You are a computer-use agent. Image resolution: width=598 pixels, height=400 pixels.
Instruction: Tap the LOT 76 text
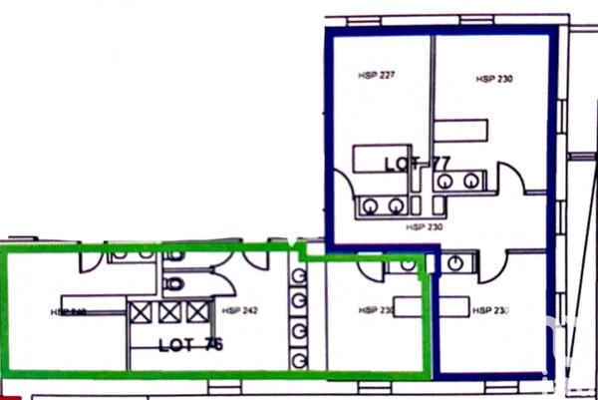pos(190,345)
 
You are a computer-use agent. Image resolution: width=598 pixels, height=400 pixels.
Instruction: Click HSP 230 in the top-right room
pos(493,78)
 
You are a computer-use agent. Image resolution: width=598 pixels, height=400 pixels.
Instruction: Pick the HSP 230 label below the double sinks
pos(423,227)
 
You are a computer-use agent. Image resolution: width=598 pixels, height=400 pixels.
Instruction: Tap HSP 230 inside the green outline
pos(378,311)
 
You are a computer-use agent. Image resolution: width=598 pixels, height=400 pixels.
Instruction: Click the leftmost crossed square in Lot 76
pos(140,312)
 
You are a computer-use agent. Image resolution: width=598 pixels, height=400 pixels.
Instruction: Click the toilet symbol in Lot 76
pos(175,284)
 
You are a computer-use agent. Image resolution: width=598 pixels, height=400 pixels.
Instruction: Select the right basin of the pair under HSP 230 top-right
pos(471,181)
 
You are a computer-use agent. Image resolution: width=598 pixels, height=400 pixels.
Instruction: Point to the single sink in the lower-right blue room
pos(457,262)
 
